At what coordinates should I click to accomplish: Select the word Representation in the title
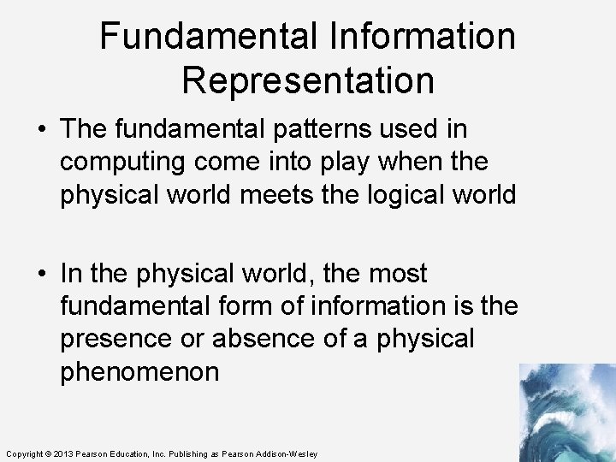tap(308, 80)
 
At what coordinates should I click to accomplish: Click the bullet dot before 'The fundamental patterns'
tap(42, 129)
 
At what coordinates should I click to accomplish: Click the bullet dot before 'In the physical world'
tap(42, 274)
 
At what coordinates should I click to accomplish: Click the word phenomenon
tap(139, 371)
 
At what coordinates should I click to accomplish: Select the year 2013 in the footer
tap(62, 453)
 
